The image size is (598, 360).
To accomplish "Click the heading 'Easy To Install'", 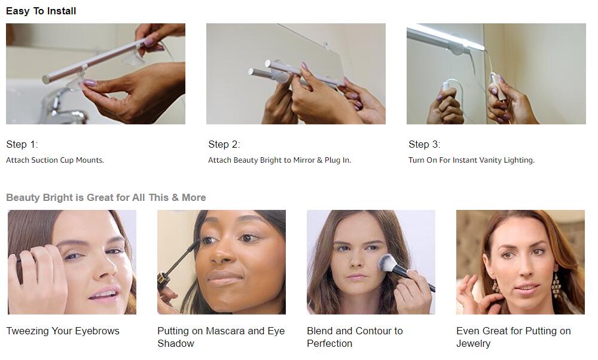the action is [41, 11].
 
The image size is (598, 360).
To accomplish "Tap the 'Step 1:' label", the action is [22, 144].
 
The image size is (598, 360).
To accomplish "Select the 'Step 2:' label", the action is [224, 144].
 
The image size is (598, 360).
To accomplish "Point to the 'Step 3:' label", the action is [424, 144].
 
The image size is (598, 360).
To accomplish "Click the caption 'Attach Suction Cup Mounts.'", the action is [55, 160].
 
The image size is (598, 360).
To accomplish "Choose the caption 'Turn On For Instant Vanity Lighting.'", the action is [471, 160].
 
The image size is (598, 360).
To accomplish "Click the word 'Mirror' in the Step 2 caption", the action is [304, 160].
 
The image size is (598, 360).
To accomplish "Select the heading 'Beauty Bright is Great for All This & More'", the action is [106, 197].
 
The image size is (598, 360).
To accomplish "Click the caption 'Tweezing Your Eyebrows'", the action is [63, 331].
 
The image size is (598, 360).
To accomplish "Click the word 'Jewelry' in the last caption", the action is [473, 344].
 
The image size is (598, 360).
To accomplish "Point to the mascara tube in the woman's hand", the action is [164, 281].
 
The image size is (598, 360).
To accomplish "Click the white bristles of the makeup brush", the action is [387, 263].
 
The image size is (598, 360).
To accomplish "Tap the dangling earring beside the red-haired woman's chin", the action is [556, 285].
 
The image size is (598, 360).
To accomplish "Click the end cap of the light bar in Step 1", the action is [47, 80].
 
